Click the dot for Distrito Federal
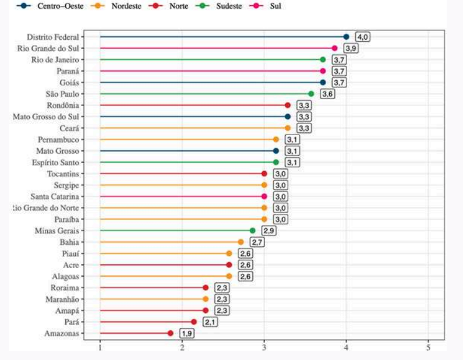click(x=347, y=37)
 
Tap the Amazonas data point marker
click(x=171, y=333)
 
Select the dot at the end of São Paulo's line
click(x=311, y=94)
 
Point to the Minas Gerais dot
click(x=253, y=231)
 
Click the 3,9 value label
click(x=351, y=48)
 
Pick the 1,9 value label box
click(x=186, y=333)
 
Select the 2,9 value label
click(x=268, y=231)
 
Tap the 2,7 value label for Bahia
click(x=257, y=242)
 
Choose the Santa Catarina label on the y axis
click(x=56, y=196)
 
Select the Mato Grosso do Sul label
click(x=49, y=117)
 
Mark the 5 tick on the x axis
click(x=429, y=348)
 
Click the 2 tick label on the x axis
click(x=182, y=348)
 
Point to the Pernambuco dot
click(x=276, y=139)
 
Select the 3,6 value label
click(x=327, y=94)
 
